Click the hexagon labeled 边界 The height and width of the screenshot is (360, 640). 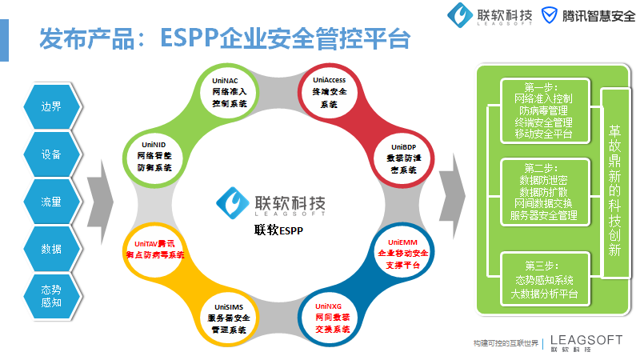51,106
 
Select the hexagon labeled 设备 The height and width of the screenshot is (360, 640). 51,154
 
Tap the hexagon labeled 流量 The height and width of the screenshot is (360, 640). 51,202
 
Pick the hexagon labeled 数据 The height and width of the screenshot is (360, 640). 51,249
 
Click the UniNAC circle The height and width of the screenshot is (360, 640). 230,93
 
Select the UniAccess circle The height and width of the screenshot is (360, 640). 329,93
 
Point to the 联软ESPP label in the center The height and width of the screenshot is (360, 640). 275,231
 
